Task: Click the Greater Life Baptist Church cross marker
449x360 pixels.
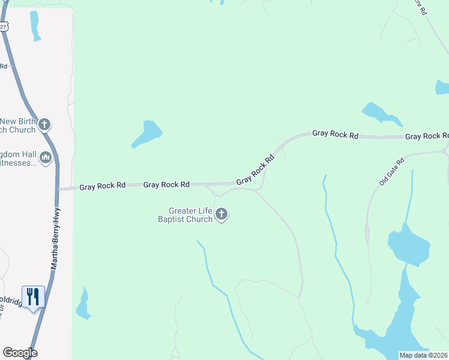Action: point(222,214)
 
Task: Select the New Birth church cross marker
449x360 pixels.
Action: point(44,125)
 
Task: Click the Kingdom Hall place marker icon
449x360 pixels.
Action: point(46,158)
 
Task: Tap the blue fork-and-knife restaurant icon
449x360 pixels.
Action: point(33,296)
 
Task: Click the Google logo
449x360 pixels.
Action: point(20,353)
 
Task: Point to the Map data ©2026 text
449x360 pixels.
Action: point(423,355)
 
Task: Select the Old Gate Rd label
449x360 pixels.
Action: point(393,171)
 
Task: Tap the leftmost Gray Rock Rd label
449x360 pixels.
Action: point(103,186)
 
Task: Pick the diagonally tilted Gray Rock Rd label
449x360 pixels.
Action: point(255,170)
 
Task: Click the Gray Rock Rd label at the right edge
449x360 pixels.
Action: point(426,137)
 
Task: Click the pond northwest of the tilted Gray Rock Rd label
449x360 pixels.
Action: point(148,133)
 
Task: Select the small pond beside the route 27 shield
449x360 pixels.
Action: point(35,25)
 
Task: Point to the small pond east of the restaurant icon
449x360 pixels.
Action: point(82,304)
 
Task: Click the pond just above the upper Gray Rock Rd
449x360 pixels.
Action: point(375,112)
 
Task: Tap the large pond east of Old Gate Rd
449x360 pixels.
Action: point(409,245)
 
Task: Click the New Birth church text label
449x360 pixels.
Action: point(18,125)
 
